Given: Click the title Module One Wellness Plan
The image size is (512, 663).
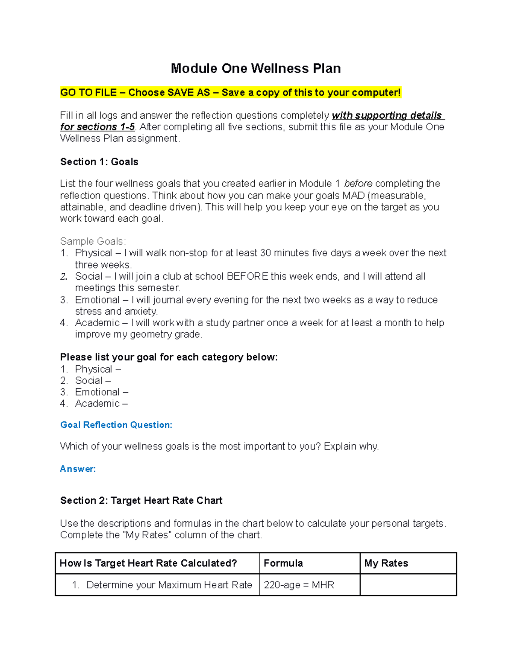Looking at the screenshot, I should pos(256,69).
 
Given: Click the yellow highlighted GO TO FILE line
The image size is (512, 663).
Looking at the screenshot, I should pos(230,93).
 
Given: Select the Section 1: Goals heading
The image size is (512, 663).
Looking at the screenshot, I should pos(99,162).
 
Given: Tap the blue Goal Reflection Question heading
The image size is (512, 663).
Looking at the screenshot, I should pos(116,425).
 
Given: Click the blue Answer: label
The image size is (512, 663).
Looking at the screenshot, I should pos(78,469).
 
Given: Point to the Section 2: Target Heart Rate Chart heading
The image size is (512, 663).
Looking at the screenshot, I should pos(141,500).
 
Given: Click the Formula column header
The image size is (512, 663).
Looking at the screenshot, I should pos(283,563).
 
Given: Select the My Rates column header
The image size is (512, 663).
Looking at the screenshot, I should pos(386,563).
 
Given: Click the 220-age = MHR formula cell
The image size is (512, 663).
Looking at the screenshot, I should pos(299,585).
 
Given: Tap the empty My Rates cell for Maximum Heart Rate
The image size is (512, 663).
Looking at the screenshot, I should pos(408,585).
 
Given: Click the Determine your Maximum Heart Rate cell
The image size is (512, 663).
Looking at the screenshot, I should pos(169,585).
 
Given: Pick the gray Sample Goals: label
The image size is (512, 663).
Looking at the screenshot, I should pos(93,241).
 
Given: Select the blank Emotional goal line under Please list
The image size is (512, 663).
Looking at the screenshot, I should pos(102,392).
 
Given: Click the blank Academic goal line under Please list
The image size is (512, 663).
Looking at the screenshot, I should pos(101,403).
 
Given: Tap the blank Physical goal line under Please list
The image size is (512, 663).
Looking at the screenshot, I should pos(98,369).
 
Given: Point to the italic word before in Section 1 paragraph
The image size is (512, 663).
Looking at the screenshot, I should pos(358,184).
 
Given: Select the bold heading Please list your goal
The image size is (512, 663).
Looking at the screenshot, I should pos(169,357).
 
